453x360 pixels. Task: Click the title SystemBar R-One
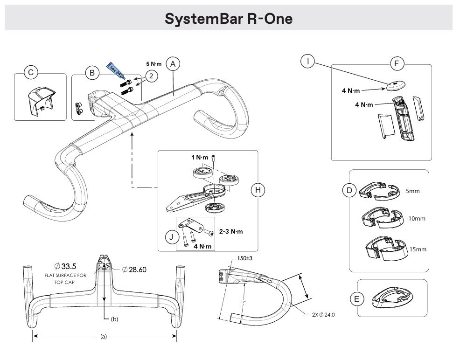click(228, 19)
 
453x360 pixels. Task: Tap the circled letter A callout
click(173, 64)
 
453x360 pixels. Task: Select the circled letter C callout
click(31, 72)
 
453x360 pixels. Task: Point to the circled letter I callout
click(307, 61)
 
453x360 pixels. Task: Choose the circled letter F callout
click(397, 64)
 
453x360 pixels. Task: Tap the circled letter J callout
click(172, 237)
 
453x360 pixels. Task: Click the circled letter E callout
click(357, 299)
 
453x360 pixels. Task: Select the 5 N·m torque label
click(154, 64)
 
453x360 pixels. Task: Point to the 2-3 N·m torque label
click(230, 231)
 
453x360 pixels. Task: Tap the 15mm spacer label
click(418, 249)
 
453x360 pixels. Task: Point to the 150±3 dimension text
click(245, 258)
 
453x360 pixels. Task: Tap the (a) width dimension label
click(104, 336)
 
